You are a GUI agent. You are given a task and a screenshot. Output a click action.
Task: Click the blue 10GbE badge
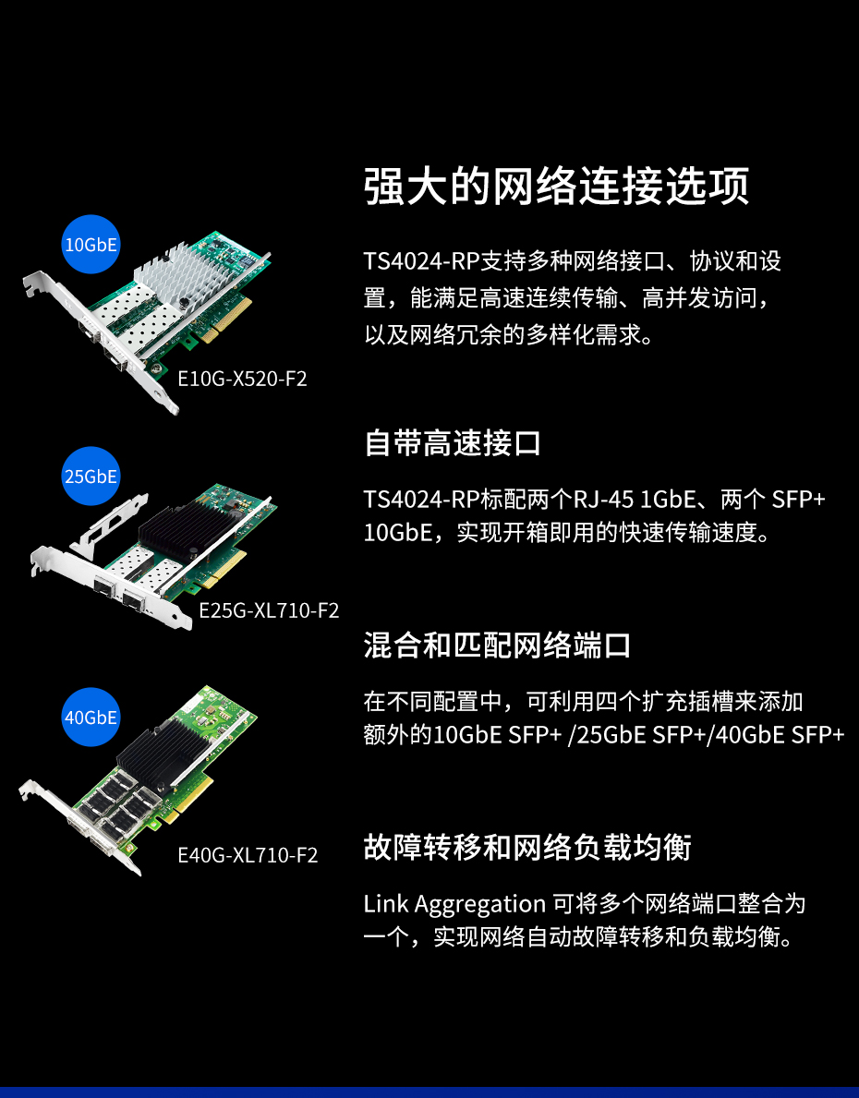[91, 245]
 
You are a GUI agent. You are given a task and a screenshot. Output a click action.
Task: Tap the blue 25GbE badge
[91, 477]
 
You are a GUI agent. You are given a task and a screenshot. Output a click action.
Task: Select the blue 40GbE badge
[91, 717]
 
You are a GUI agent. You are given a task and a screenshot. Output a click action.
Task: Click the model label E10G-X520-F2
[242, 379]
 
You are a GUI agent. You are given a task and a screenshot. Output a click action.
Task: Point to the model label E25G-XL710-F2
[269, 610]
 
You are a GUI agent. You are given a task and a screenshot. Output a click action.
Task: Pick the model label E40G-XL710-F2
[248, 855]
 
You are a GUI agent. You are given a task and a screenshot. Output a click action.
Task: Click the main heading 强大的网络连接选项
[556, 187]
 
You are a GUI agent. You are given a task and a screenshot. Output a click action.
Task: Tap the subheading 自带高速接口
[453, 443]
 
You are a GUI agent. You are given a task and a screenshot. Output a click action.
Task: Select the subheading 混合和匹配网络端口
[498, 645]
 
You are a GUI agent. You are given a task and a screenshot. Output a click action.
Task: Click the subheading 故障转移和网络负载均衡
[527, 848]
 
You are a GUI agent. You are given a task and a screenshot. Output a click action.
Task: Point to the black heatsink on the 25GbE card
[190, 525]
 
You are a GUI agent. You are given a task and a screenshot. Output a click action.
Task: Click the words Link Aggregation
[454, 905]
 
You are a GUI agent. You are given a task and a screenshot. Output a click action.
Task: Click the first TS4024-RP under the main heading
[421, 261]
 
